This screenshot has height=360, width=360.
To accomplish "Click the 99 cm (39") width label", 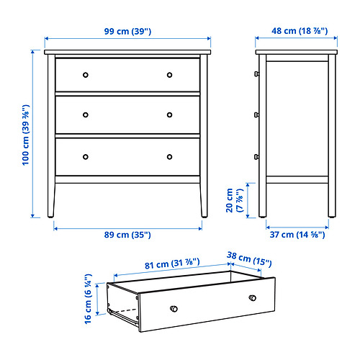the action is click(x=127, y=32).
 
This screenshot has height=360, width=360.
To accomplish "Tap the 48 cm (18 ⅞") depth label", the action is click(x=300, y=31).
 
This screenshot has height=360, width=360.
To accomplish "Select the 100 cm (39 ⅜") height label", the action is click(x=26, y=135).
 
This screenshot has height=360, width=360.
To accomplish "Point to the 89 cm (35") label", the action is click(x=127, y=235).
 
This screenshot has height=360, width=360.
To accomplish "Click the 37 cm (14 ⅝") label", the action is click(x=297, y=235).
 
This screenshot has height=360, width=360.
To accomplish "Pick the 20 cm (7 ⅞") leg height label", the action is click(x=235, y=200).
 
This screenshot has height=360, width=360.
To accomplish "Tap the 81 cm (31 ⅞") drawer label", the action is click(x=172, y=264).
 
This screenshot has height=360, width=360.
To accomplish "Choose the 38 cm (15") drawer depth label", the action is click(x=249, y=259).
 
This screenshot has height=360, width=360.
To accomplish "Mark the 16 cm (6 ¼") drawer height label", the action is click(x=88, y=299).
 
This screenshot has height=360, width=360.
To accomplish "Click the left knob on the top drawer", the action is click(x=86, y=75).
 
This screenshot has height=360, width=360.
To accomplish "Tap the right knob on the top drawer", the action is click(x=169, y=75).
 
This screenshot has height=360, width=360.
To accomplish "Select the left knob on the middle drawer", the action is click(x=86, y=115).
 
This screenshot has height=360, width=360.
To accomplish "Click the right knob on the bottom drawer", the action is click(x=169, y=157).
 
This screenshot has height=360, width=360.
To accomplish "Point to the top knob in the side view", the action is click(x=256, y=73).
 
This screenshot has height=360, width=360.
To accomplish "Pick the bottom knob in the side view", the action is click(x=256, y=157).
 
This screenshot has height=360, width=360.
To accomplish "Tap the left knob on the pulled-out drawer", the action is click(x=174, y=309).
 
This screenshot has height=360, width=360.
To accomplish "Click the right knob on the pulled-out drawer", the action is click(x=253, y=298).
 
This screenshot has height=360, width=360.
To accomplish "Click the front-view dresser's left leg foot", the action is click(x=50, y=216).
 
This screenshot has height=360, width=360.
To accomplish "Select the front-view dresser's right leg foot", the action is click(x=204, y=216).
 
